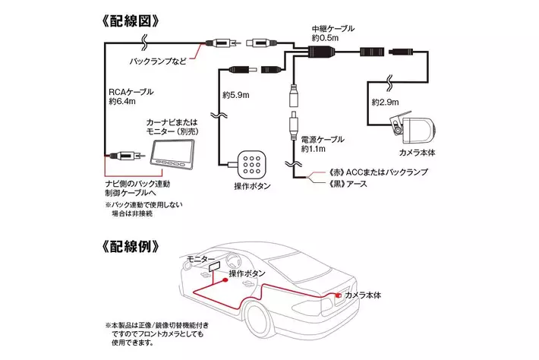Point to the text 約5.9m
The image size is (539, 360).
[236, 96]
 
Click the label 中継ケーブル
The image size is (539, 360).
[333, 28]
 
